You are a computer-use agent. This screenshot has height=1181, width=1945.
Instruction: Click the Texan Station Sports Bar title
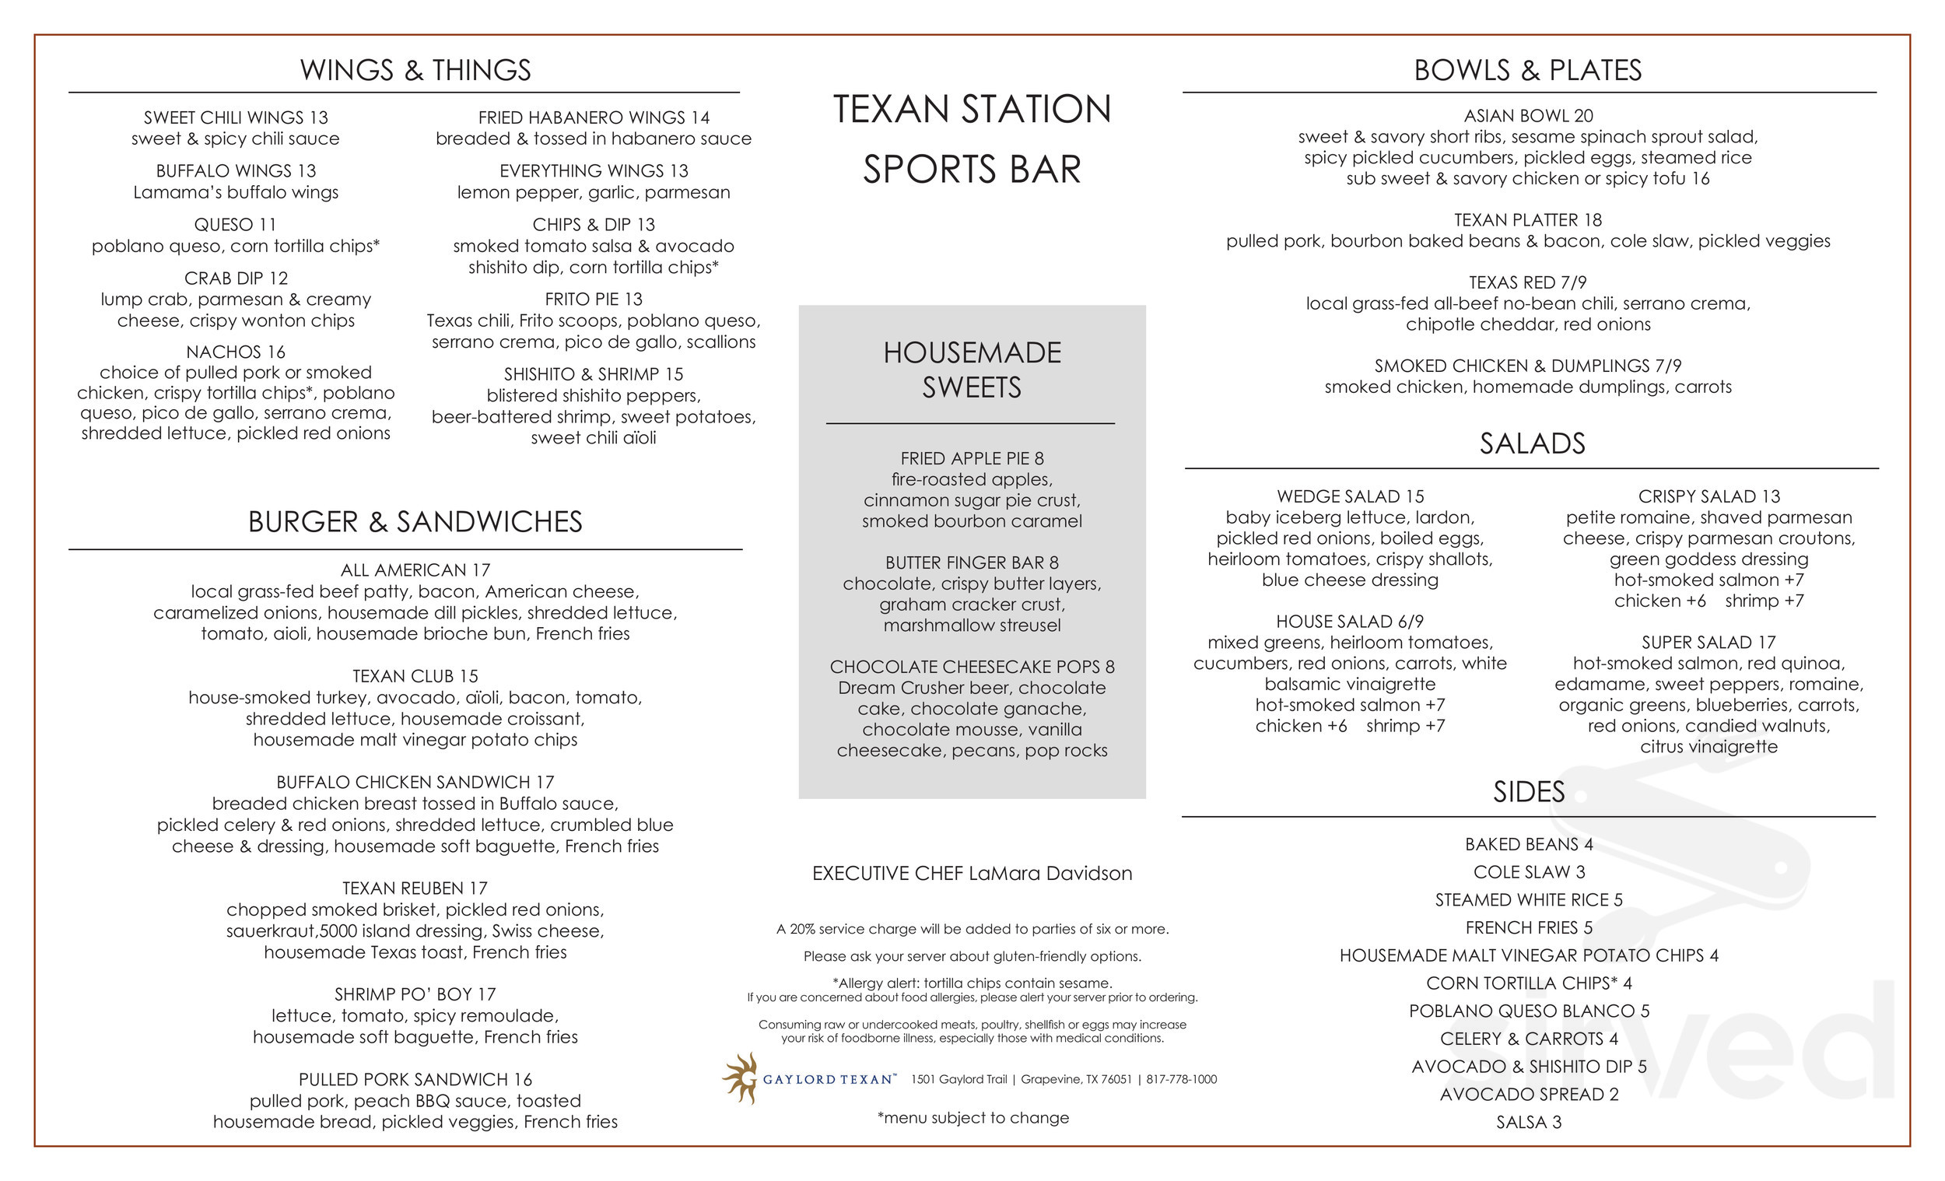click(x=972, y=139)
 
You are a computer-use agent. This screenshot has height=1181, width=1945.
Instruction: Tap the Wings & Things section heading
click(x=415, y=70)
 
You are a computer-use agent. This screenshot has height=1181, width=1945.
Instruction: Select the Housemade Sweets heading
click(x=972, y=370)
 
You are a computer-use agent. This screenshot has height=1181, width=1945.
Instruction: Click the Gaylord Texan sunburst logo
click(x=741, y=1078)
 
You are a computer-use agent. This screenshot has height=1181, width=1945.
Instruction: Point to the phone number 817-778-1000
click(x=1181, y=1079)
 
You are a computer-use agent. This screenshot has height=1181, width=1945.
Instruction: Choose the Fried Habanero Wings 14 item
click(x=594, y=117)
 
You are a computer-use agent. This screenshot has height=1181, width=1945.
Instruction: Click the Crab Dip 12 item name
click(x=236, y=279)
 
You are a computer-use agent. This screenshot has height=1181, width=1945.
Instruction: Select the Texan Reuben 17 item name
click(x=415, y=888)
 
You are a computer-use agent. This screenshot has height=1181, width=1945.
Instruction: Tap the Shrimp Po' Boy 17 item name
click(x=415, y=994)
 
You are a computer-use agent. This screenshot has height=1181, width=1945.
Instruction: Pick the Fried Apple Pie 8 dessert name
click(x=972, y=459)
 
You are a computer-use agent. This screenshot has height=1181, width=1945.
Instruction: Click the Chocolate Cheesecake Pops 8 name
click(x=972, y=667)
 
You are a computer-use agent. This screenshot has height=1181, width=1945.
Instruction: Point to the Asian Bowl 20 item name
click(x=1528, y=116)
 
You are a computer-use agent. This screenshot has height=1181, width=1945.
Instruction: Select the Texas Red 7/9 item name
click(x=1528, y=282)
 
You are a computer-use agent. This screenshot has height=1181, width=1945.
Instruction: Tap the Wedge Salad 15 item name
click(x=1350, y=496)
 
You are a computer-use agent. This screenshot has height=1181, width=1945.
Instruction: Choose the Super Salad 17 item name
click(x=1708, y=643)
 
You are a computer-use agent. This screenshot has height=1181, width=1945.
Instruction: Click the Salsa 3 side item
click(x=1528, y=1122)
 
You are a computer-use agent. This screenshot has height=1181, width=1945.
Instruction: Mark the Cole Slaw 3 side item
click(x=1528, y=871)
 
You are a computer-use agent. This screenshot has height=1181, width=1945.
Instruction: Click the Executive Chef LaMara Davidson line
click(x=972, y=873)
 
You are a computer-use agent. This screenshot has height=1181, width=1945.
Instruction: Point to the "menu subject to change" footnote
click(x=972, y=1118)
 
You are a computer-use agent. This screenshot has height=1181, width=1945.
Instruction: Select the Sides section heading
click(x=1528, y=792)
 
